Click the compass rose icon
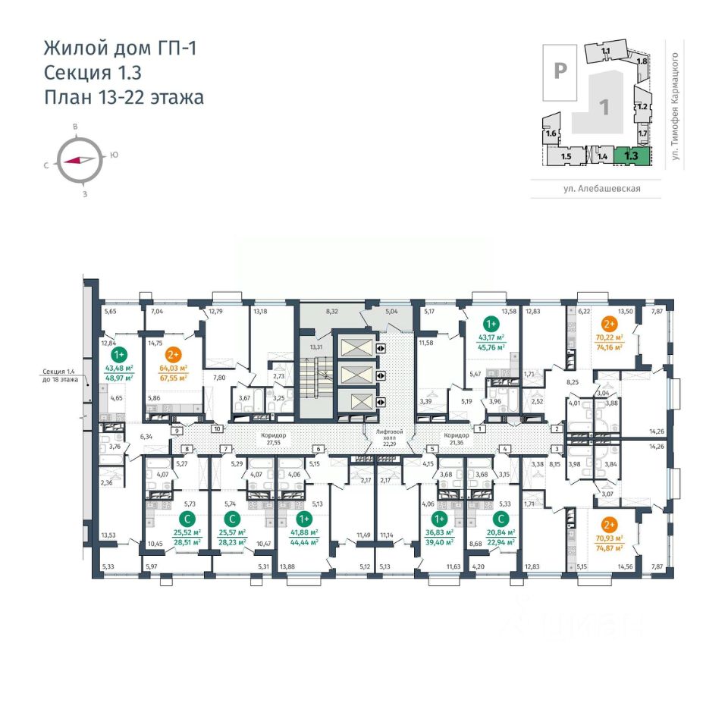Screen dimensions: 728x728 pos(80,160)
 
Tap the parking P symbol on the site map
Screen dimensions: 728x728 pos(560,71)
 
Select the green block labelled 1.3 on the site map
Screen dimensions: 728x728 pos(630,155)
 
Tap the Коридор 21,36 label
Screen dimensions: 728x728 pos(457,438)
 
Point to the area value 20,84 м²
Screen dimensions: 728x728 pos(500,534)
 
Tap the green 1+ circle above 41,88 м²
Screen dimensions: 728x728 pos(304,519)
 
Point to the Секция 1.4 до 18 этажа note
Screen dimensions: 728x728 pos(60,375)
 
